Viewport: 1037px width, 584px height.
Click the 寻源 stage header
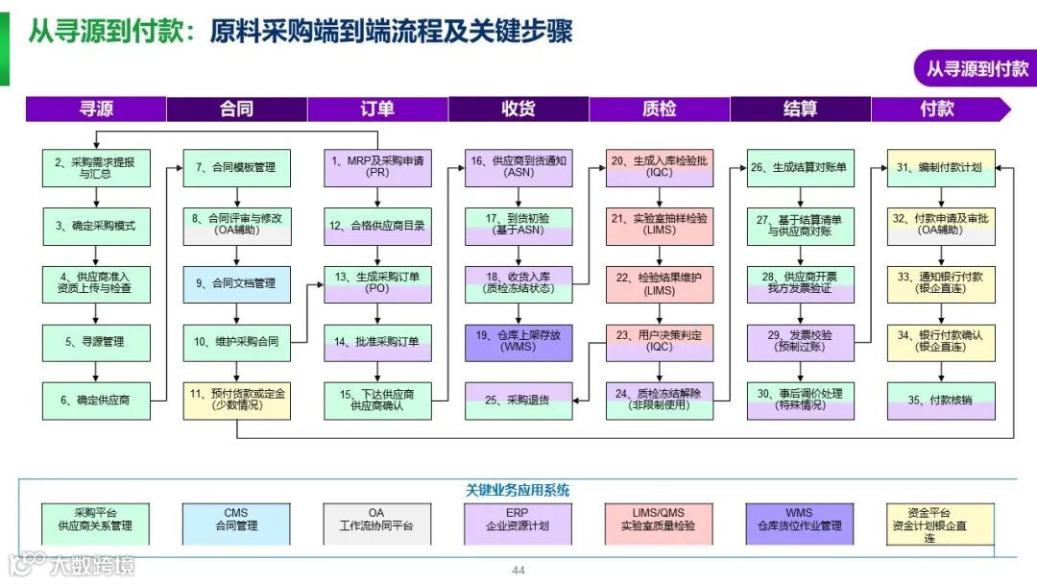point(96,109)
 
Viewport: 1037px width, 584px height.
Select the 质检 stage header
point(659,109)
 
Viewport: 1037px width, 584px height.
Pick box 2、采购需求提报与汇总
point(96,168)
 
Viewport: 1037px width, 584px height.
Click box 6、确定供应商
point(96,401)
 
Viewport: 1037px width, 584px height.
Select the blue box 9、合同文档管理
point(236,284)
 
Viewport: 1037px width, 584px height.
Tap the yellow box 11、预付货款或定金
point(236,401)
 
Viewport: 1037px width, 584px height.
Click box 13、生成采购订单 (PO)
point(377,284)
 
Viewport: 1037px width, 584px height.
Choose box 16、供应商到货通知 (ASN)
point(518,168)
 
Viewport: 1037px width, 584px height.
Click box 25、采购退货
point(518,401)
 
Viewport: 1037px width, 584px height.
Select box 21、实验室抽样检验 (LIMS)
point(659,226)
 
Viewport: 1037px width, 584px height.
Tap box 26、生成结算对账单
point(800,168)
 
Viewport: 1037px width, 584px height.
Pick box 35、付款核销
point(941,401)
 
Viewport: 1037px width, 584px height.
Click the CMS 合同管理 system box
point(236,520)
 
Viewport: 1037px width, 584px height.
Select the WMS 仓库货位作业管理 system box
point(800,520)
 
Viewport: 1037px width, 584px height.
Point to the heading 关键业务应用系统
point(518,490)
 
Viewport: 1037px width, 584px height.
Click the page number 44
point(518,571)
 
